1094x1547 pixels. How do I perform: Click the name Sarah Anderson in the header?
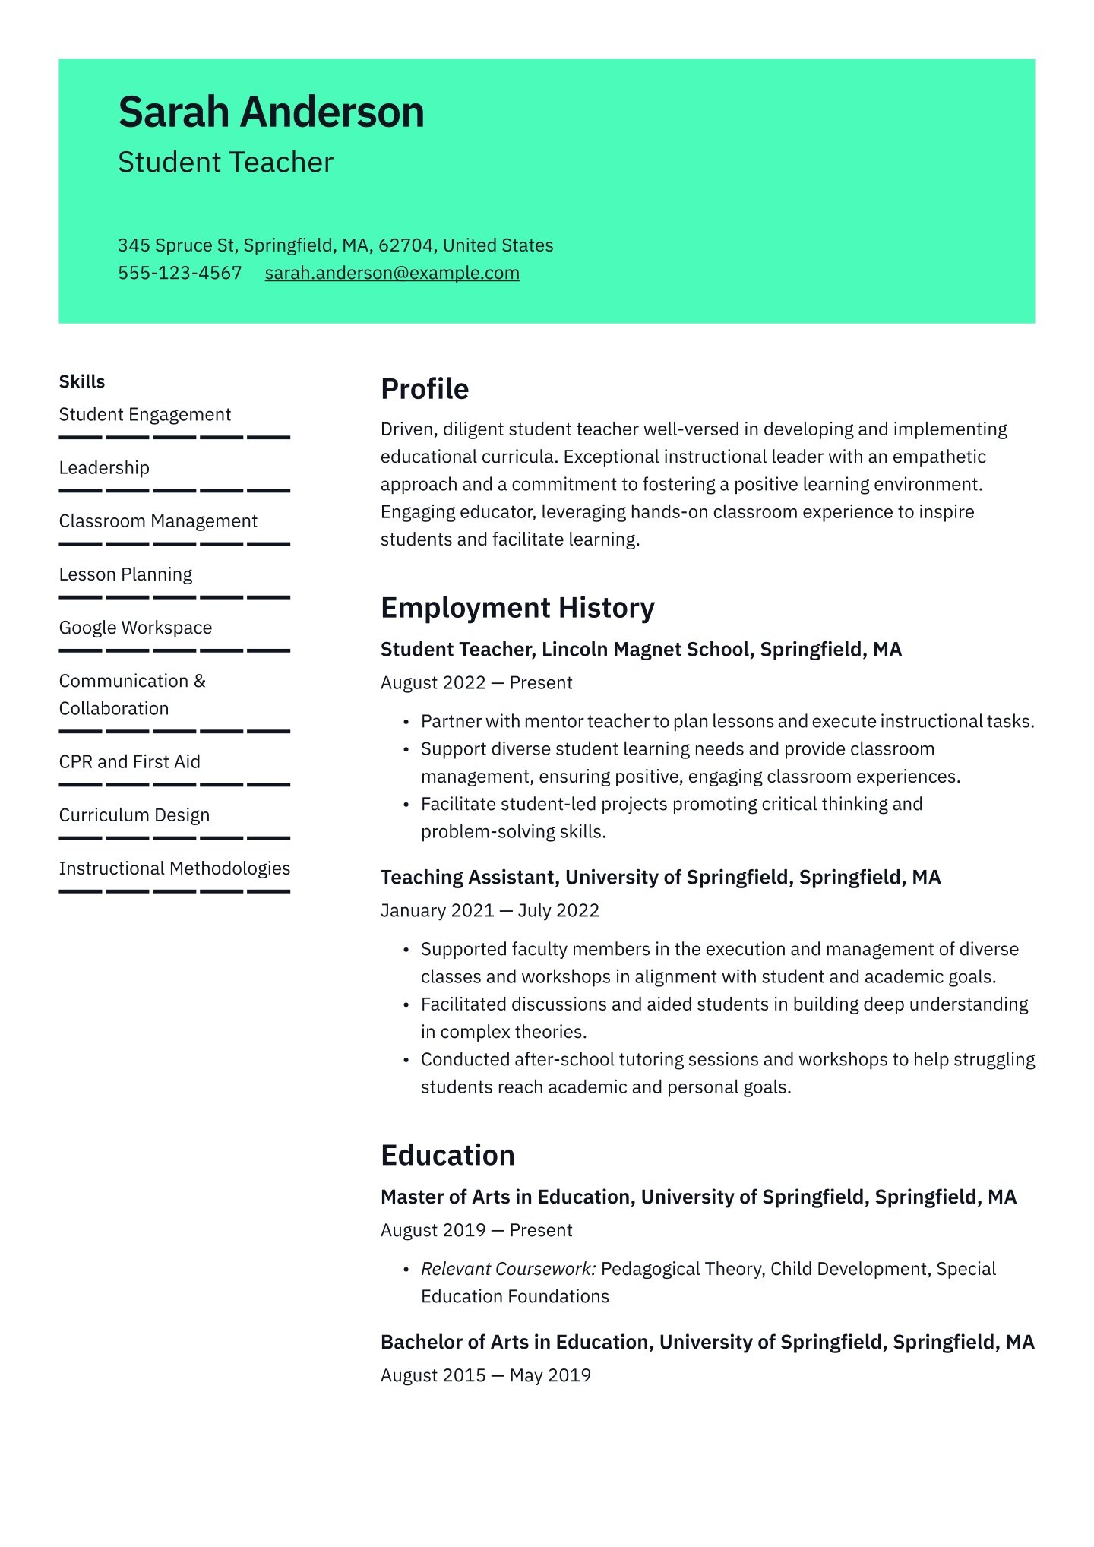pyautogui.click(x=270, y=112)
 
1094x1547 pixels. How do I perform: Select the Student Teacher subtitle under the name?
pyautogui.click(x=226, y=163)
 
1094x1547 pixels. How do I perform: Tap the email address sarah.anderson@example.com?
pyautogui.click(x=392, y=273)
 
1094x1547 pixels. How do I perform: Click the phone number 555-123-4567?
pyautogui.click(x=179, y=273)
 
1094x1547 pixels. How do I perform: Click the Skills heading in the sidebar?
pyautogui.click(x=82, y=381)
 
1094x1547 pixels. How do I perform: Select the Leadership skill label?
pyautogui.click(x=104, y=468)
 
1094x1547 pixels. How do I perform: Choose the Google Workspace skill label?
pyautogui.click(x=135, y=628)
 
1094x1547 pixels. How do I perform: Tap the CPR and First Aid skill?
pyautogui.click(x=129, y=761)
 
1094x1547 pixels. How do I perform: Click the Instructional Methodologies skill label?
pyautogui.click(x=174, y=868)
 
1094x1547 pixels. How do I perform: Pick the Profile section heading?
pyautogui.click(x=425, y=389)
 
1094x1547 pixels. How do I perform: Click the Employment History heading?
pyautogui.click(x=517, y=608)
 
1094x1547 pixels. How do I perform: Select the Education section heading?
pyautogui.click(x=447, y=1155)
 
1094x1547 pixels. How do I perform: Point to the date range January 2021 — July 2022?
pyautogui.click(x=490, y=910)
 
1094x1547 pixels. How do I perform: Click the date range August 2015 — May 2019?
pyautogui.click(x=485, y=1375)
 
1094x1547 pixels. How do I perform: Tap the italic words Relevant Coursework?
pyautogui.click(x=508, y=1269)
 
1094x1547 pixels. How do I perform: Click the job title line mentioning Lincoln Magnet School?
pyautogui.click(x=640, y=650)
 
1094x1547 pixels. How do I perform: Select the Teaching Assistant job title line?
pyautogui.click(x=660, y=878)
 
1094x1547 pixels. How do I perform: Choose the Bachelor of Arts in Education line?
pyautogui.click(x=707, y=1342)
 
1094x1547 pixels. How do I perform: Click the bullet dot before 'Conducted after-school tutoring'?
pyautogui.click(x=406, y=1060)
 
